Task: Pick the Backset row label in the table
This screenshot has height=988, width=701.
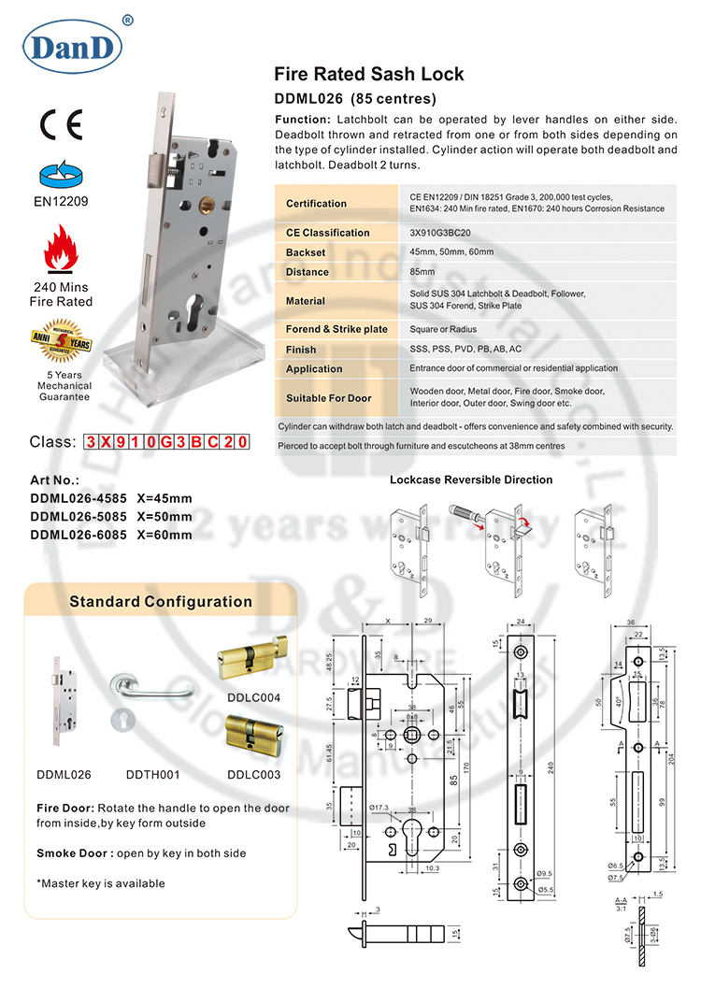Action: pyautogui.click(x=306, y=252)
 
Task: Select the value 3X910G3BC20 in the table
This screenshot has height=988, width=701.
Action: pyautogui.click(x=440, y=233)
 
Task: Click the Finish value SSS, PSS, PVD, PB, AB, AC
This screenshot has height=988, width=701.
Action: pyautogui.click(x=465, y=350)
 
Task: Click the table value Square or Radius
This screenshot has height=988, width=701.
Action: pyautogui.click(x=443, y=329)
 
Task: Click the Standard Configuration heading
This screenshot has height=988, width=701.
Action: pyautogui.click(x=161, y=602)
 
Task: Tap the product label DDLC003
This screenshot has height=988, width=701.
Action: pyautogui.click(x=253, y=775)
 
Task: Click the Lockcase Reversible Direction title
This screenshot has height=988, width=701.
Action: pyautogui.click(x=470, y=480)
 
